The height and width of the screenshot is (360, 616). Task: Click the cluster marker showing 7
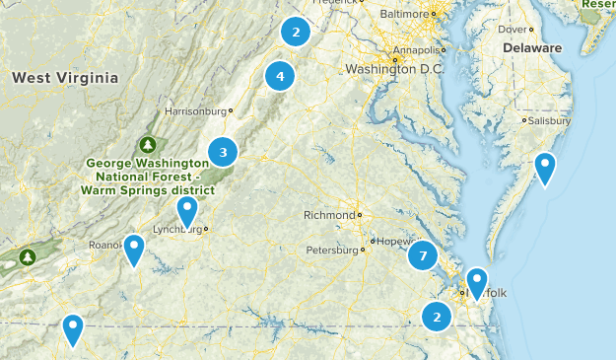click(x=422, y=256)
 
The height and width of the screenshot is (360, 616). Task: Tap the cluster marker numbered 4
click(x=280, y=75)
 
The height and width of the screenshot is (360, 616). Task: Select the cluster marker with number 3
click(x=223, y=152)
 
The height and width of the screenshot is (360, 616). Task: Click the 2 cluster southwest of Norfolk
click(x=436, y=317)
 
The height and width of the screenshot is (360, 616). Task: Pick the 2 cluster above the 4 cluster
click(x=295, y=33)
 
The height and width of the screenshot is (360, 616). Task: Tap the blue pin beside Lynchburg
click(x=187, y=210)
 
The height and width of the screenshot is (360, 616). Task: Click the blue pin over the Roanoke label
click(x=134, y=250)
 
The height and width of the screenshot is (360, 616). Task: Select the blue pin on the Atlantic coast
click(x=545, y=168)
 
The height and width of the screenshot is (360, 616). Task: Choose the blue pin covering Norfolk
click(x=477, y=283)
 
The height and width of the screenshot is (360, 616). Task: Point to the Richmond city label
click(x=328, y=215)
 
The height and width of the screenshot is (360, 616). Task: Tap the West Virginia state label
click(x=65, y=77)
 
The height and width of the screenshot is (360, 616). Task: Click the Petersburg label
click(x=331, y=250)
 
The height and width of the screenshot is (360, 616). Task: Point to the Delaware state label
click(x=532, y=47)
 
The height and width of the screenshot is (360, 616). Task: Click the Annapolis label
click(x=412, y=49)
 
